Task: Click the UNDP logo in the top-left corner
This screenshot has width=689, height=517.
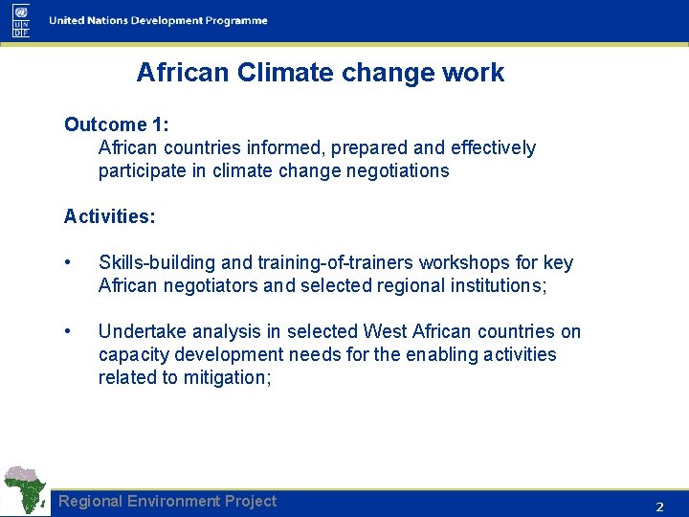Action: tap(21, 20)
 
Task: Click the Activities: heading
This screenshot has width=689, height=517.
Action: tap(109, 217)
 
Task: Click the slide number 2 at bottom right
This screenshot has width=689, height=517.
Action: tap(658, 506)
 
